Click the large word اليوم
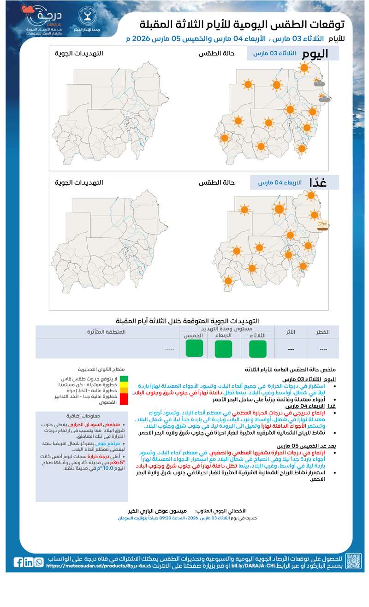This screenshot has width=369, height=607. [x=315, y=53]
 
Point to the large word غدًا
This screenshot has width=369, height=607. [x=318, y=182]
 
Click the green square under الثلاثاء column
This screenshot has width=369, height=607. [x=257, y=348]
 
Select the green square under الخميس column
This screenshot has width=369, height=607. [x=194, y=348]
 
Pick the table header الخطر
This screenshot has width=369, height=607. [x=323, y=332]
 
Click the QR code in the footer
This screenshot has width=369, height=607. [x=354, y=561]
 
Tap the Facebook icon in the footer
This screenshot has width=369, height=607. [x=18, y=562]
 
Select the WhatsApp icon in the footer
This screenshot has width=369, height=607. [x=39, y=562]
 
